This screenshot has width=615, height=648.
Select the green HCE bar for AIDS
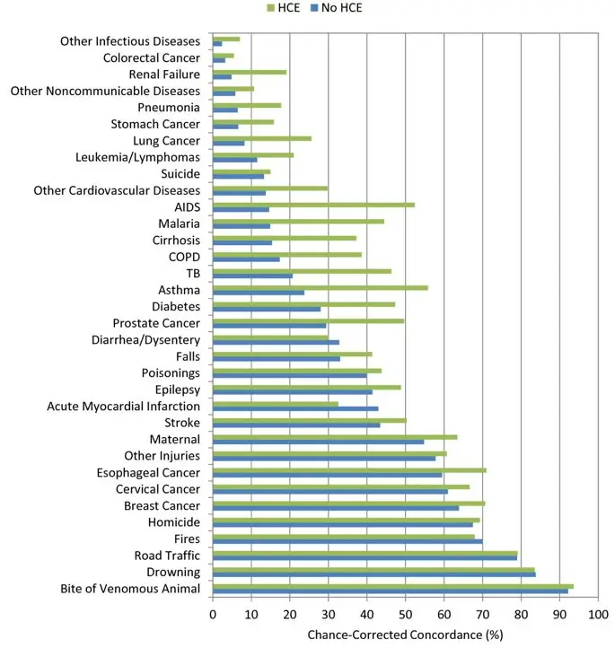[x=313, y=205]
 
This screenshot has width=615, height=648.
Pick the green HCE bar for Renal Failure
[x=250, y=72]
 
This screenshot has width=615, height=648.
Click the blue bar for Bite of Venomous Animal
[x=391, y=591]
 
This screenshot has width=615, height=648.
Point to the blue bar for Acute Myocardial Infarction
[x=295, y=408]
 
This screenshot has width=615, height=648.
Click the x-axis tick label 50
[x=405, y=615]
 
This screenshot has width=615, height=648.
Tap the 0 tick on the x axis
[x=213, y=615]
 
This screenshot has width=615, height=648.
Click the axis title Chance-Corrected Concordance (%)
[x=406, y=635]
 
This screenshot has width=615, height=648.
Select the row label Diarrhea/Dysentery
[x=145, y=340]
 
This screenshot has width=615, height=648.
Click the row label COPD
[x=185, y=257]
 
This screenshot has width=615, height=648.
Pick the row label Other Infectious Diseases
[x=129, y=41]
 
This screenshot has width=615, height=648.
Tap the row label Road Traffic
[x=167, y=556]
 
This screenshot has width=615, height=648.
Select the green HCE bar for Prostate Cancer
[x=308, y=320]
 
